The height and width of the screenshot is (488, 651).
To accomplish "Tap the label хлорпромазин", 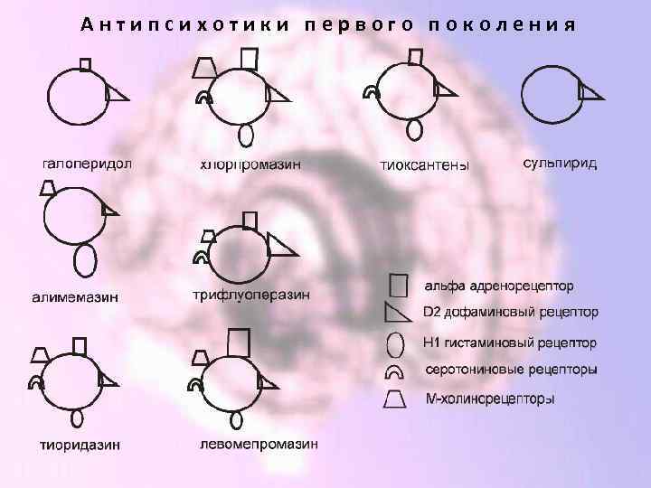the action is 250,164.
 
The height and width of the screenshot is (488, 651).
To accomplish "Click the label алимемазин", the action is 74,296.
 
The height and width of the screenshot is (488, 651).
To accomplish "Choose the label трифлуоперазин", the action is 251,295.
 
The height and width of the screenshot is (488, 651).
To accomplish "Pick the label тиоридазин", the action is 80,444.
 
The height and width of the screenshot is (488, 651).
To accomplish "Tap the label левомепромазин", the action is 259,444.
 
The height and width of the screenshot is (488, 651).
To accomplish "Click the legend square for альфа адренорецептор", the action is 398,286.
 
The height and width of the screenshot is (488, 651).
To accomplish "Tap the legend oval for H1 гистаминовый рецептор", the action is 396,344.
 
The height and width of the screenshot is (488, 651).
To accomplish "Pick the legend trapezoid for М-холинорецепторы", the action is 396,398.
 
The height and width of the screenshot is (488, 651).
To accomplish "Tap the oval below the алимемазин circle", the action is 85,260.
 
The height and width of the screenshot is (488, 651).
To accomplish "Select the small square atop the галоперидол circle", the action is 86,64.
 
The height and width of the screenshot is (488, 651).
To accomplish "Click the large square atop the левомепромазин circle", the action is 238,343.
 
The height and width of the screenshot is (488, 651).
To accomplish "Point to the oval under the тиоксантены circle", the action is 414,129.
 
